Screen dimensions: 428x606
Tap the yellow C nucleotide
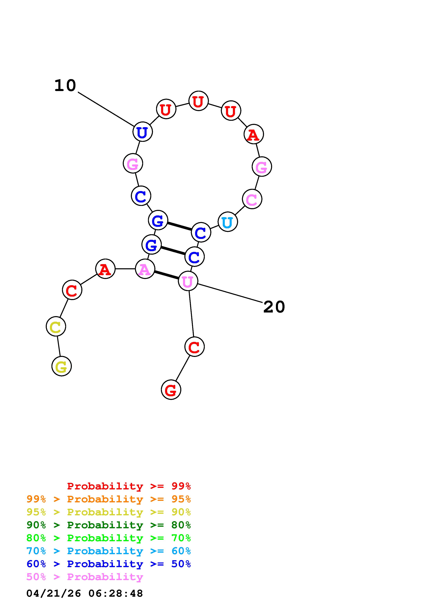[x=56, y=326]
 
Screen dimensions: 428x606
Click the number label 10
[x=65, y=86]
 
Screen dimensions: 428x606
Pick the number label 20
[x=274, y=307]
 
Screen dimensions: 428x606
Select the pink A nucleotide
[x=145, y=269]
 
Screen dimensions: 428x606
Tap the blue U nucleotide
[x=142, y=132]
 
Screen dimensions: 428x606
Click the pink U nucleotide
[x=188, y=281]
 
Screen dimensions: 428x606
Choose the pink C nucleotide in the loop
[x=252, y=199]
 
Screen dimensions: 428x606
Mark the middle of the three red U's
[x=199, y=101]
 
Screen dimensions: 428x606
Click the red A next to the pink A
[x=105, y=269]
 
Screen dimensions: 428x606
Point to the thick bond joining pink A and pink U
[x=166, y=275]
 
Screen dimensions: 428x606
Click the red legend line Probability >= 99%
[x=129, y=486]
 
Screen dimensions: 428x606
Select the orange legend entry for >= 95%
[x=109, y=499]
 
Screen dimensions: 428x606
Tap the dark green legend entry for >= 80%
[x=109, y=525]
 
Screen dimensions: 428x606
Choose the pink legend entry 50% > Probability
[x=85, y=577]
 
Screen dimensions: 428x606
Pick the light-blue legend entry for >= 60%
[x=109, y=551]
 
